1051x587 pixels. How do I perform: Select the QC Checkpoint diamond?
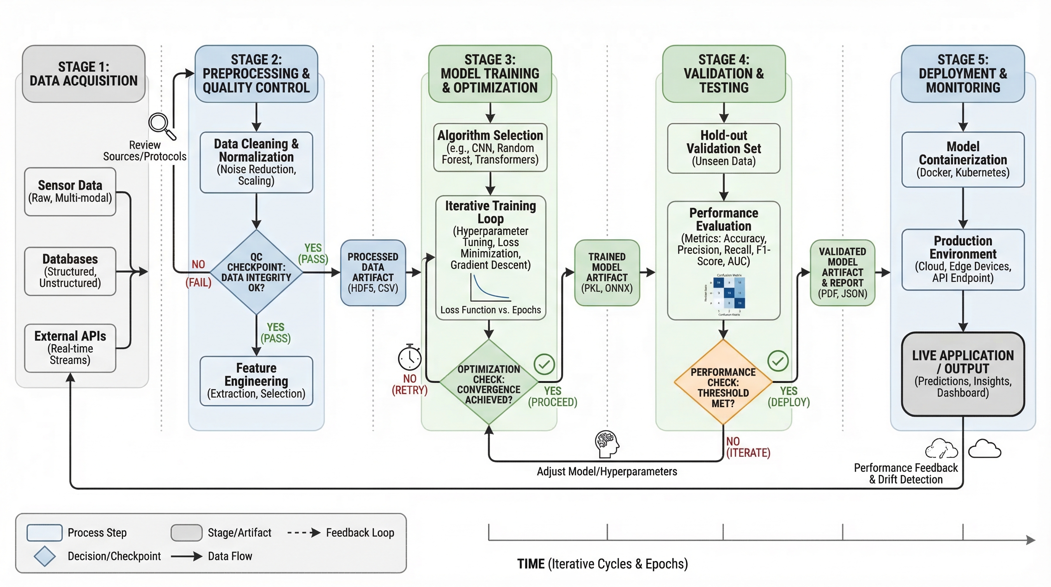coord(256,272)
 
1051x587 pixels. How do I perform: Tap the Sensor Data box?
coord(70,191)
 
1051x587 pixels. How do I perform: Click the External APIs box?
coord(70,348)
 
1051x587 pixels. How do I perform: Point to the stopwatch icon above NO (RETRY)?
coord(410,358)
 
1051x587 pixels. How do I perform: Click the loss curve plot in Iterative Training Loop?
coord(490,288)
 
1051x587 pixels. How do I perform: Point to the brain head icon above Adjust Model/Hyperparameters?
coord(607,444)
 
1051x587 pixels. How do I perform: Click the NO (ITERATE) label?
coord(747,448)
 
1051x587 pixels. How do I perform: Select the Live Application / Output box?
coord(963,374)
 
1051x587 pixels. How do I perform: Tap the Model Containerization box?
coord(963,160)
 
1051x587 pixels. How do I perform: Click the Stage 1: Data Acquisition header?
coord(84,74)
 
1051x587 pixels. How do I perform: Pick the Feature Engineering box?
coord(256,381)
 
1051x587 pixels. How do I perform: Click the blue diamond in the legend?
coord(44,556)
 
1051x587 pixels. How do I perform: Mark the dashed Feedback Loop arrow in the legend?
coord(304,533)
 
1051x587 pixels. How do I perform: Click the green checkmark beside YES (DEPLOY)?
coord(778,361)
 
